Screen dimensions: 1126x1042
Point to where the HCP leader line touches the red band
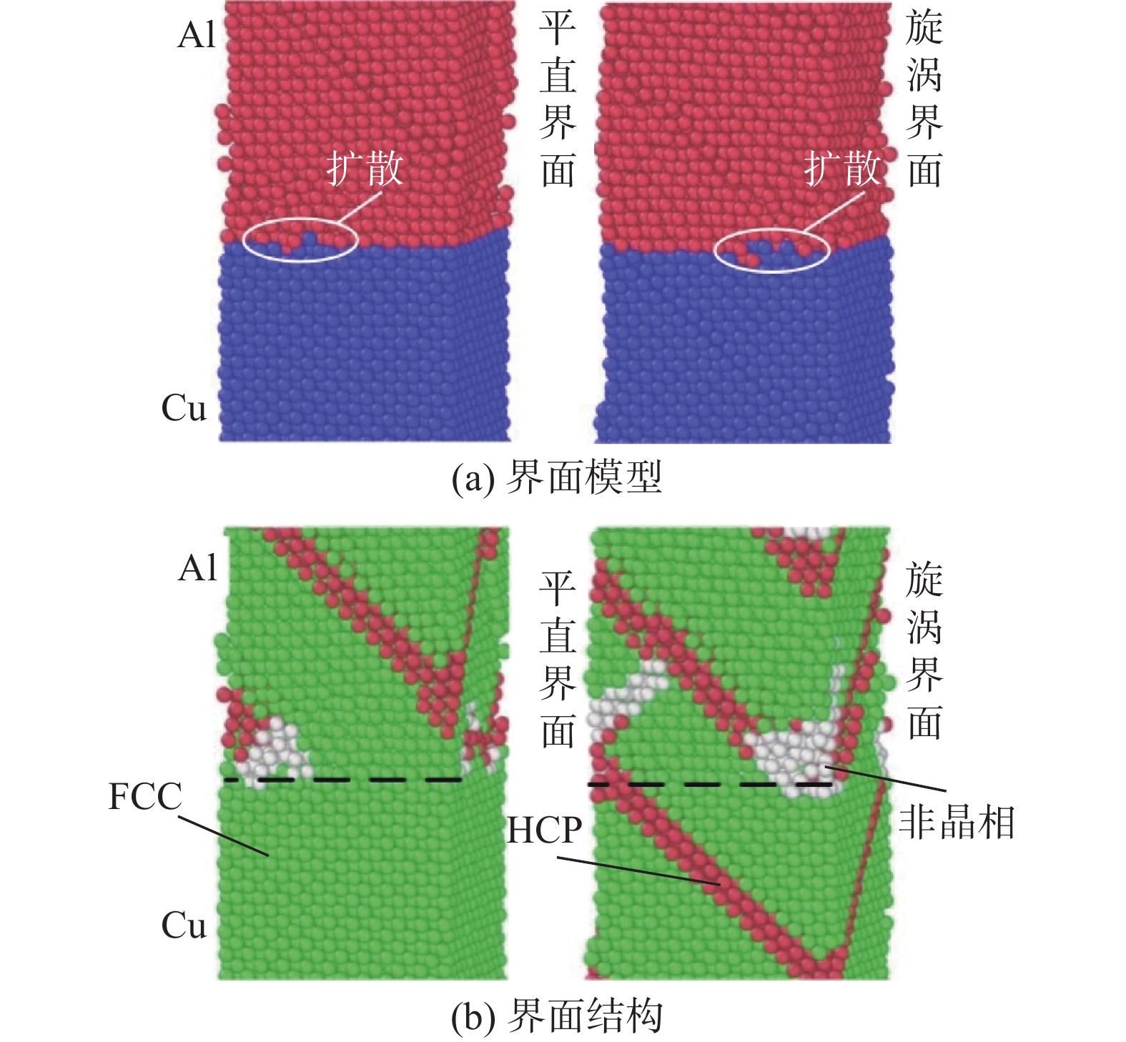pos(721,885)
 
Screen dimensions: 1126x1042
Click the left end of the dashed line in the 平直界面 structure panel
pos(224,780)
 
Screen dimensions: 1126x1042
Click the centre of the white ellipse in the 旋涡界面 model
pos(772,251)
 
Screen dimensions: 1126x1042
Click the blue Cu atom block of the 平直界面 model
pos(365,343)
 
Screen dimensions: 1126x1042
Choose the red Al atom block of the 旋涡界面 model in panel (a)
pos(744,121)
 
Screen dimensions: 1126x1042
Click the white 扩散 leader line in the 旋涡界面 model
pos(834,212)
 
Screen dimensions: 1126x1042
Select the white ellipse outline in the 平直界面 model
pos(300,219)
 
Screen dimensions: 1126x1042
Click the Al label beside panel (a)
pos(196,34)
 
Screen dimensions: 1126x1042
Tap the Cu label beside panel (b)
pos(184,926)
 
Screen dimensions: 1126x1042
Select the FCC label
pos(145,796)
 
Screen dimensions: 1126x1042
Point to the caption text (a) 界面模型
pos(557,477)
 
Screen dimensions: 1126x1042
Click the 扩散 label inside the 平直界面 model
pos(365,169)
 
